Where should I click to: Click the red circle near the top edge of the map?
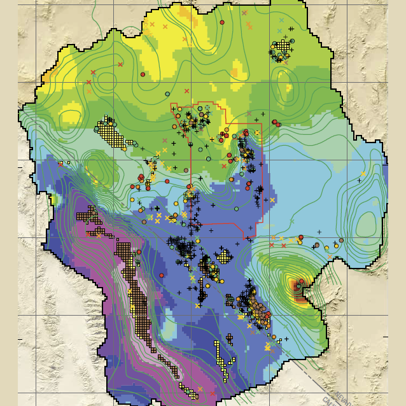222,22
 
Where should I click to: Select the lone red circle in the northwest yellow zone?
143,74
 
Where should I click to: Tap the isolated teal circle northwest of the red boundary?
167,94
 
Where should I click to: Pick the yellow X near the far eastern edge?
363,174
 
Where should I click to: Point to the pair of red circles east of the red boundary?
276,122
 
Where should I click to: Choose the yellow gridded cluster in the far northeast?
281,50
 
